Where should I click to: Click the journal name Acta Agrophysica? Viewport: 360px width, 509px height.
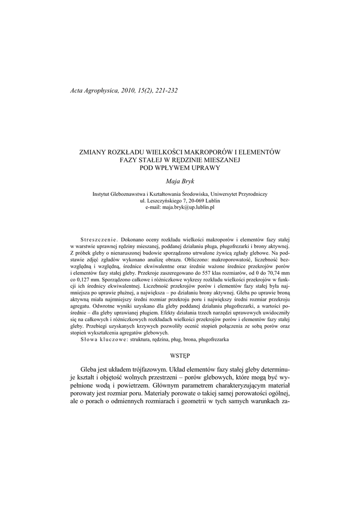[92, 90]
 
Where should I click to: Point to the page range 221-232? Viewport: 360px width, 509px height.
[164, 90]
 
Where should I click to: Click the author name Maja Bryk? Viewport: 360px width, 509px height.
[180, 182]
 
